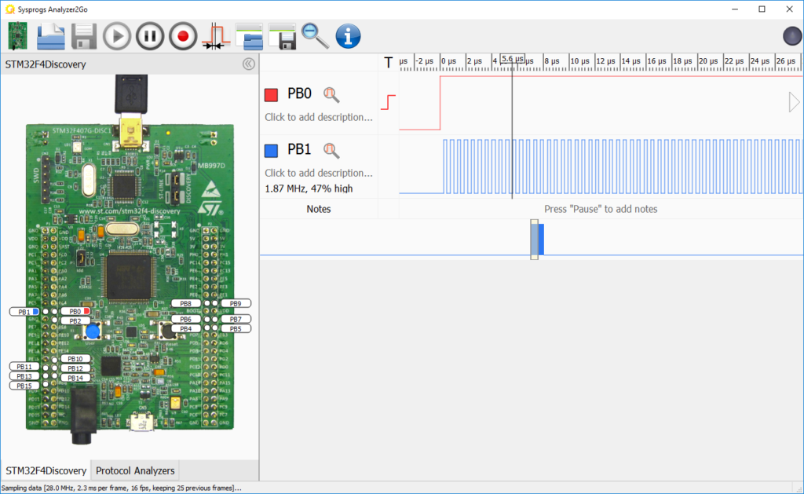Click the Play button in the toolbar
[117, 36]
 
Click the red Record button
[183, 36]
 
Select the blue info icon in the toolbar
[348, 36]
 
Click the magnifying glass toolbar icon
[315, 36]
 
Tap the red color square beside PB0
[272, 95]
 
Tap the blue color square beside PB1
[272, 151]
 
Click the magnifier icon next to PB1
[332, 151]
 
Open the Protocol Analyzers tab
[135, 470]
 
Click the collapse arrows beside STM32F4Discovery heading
[248, 64]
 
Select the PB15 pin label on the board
[25, 385]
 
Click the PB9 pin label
[236, 303]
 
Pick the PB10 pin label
[75, 359]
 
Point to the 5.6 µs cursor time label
[512, 60]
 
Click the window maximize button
[762, 9]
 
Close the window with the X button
[790, 9]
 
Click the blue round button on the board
[93, 331]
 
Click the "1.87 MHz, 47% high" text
[309, 188]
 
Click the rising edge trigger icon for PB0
[388, 102]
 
